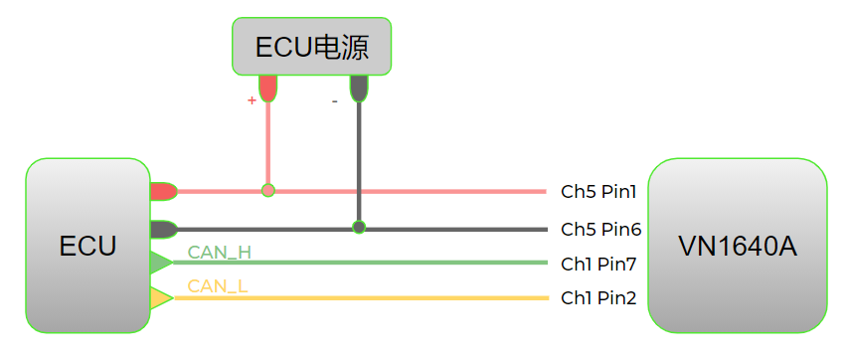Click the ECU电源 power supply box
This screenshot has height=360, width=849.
coord(311,46)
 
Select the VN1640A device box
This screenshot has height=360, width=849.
coord(737,245)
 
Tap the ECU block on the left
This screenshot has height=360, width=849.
coord(87,245)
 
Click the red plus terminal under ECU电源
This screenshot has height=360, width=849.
coord(267,88)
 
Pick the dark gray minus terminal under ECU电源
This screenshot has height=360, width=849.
coord(359,88)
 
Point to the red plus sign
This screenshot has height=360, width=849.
coord(252,100)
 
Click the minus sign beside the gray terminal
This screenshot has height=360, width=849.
coord(335,100)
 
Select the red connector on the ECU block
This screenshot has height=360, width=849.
coord(163,191)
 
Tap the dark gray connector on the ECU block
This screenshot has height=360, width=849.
coord(163,229)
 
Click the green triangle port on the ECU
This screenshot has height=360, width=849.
coord(159,263)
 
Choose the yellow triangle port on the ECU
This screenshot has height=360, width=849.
coord(159,297)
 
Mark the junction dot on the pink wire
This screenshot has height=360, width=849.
coord(267,190)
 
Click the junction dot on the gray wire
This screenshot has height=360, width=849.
coord(359,228)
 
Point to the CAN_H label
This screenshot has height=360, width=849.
coord(220,252)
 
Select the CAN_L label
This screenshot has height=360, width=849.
coord(218,286)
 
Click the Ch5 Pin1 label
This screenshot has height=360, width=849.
coord(598,191)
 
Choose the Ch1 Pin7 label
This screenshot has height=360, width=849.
coord(598,264)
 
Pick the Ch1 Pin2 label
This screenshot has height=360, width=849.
coord(598,297)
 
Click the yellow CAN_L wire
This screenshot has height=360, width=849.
coord(398,297)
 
